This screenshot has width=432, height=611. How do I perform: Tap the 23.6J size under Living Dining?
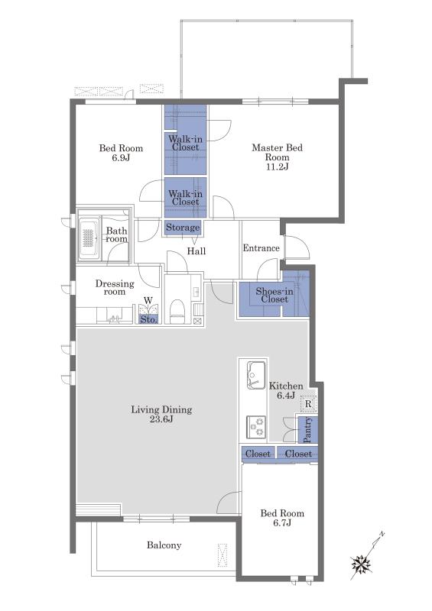[161, 419]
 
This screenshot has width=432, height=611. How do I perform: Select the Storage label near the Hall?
[183, 227]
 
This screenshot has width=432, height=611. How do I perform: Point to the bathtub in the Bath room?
[89, 238]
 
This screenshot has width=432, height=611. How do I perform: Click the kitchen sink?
[255, 374]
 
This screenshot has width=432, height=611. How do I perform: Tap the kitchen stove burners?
[256, 427]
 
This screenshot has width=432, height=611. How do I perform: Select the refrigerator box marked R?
[308, 404]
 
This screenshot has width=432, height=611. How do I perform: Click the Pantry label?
[307, 430]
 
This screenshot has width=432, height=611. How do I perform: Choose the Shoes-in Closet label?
[274, 295]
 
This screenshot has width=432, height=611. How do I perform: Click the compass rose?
[361, 564]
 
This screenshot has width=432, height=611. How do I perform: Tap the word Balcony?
[164, 545]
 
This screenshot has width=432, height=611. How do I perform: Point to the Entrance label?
[261, 247]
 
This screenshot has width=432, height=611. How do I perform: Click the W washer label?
[148, 300]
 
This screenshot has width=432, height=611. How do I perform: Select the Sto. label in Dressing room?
[148, 319]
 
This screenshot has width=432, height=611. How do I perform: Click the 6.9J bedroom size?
[120, 158]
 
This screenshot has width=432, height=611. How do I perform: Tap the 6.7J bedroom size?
[282, 523]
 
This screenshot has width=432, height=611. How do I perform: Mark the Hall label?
[197, 251]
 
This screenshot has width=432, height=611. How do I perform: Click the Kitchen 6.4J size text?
[286, 396]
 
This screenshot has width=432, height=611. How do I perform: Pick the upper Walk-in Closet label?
[185, 143]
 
